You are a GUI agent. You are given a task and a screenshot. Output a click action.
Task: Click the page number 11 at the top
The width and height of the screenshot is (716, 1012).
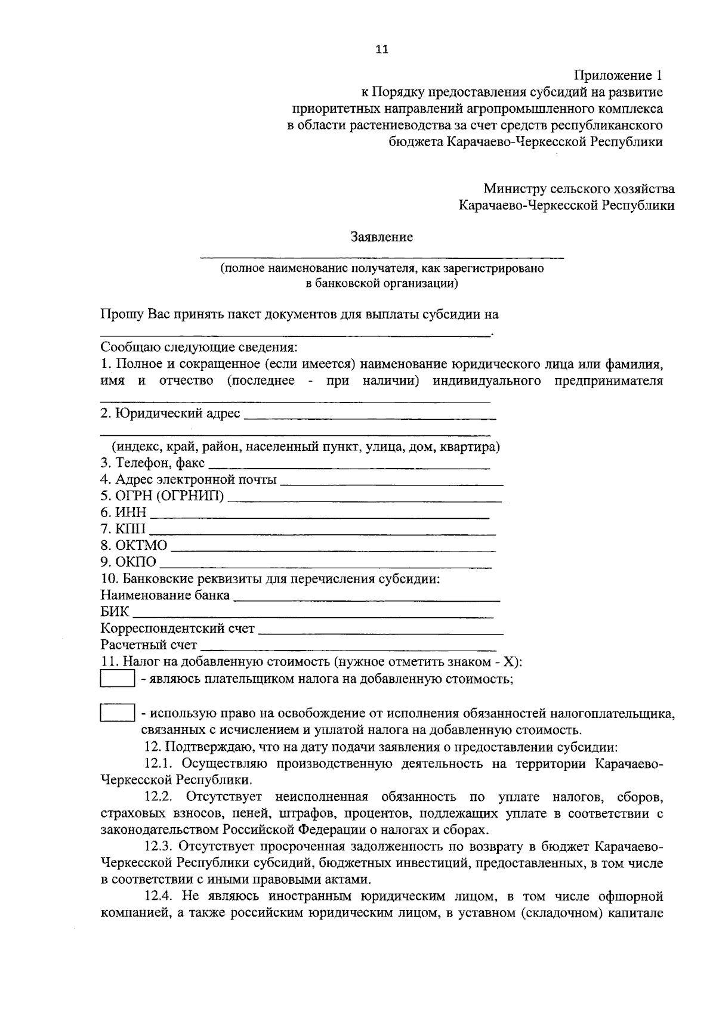pos(381,49)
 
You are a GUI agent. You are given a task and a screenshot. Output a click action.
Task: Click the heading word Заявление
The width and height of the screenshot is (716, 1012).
pos(381,237)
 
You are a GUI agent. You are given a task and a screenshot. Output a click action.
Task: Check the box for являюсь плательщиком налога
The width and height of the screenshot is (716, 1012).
pos(117,679)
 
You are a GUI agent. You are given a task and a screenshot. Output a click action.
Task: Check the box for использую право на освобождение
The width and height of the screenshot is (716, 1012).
pos(117,713)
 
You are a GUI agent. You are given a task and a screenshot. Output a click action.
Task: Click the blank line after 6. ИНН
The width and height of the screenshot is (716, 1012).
pos(319,513)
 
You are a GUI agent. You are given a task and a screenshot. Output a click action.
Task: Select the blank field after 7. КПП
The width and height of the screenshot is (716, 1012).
pos(322,530)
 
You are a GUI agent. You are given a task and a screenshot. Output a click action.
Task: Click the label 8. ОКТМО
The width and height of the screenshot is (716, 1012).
pos(134,546)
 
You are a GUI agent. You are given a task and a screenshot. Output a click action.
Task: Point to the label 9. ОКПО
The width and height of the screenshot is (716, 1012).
pos(128,562)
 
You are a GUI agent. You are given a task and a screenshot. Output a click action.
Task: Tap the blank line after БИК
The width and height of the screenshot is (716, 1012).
pos(313,612)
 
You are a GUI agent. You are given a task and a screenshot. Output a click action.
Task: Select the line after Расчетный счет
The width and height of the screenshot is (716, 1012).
pos(348,645)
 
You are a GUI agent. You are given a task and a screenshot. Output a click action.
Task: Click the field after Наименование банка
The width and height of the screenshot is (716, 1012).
pos(366,596)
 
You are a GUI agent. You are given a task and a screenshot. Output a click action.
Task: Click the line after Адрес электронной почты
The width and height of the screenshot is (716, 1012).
pos(391,480)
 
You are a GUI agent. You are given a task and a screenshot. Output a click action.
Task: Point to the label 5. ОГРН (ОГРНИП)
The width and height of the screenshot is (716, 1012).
pos(162,496)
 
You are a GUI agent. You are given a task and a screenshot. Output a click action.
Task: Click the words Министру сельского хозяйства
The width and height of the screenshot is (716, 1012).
pos(579,189)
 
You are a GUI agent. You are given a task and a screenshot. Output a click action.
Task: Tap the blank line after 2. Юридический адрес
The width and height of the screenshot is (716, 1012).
pos(370,414)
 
